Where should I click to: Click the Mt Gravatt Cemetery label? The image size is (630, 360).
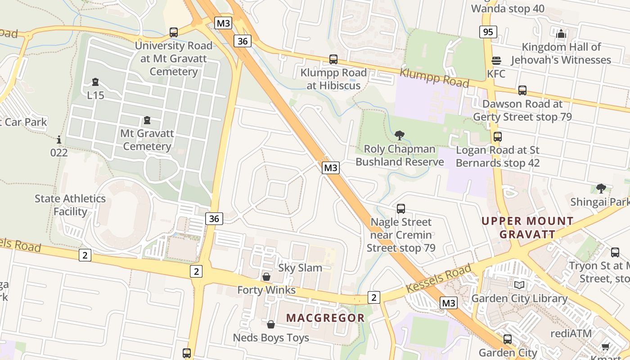coord(147,140)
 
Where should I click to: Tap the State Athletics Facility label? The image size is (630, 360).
coord(70,205)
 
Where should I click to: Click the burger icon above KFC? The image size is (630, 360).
coord(496,61)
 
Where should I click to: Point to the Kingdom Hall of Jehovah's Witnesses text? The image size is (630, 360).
coord(561,53)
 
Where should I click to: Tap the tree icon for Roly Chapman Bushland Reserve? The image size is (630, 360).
coord(399,135)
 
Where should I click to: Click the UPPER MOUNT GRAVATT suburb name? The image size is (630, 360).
coord(527,228)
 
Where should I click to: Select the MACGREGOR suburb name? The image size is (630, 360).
coord(325,318)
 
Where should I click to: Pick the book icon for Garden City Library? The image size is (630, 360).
coord(519,285)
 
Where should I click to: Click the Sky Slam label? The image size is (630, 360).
coord(300,268)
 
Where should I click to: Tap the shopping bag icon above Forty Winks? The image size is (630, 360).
coord(266,277)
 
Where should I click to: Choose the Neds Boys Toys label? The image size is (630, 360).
coord(271,337)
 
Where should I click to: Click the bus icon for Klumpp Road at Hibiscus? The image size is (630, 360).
coord(333,59)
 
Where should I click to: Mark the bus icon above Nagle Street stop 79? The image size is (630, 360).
coord(400,209)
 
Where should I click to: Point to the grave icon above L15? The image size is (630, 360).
coord(95,82)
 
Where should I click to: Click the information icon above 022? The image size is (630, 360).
coord(58,139)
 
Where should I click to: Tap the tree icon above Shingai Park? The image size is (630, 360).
coord(601,189)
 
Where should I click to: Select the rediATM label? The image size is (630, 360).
coord(571,333)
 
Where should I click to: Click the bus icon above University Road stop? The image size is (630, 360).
coord(174,32)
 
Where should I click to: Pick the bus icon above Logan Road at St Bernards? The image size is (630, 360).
coord(498,137)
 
